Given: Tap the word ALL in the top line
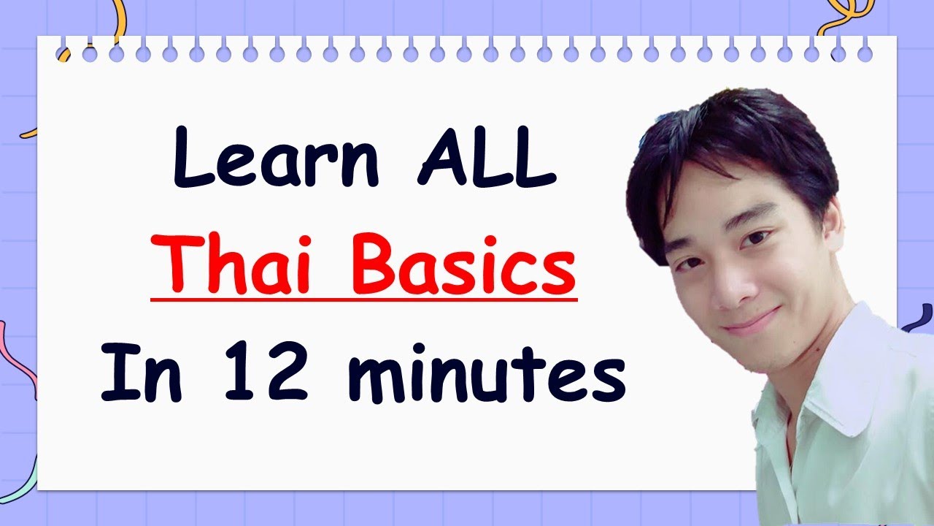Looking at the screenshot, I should coord(487,162).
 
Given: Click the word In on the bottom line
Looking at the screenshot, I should coord(137,374).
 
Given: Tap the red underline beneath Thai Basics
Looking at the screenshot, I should coord(363,297).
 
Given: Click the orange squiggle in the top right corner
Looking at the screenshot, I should coord(846,18).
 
